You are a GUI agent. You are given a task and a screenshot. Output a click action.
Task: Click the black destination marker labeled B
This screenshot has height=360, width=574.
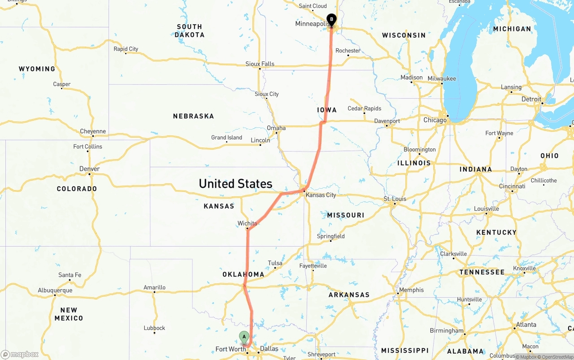pos(331,20)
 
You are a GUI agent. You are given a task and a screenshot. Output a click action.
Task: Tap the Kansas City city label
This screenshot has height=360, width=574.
pos(321,195)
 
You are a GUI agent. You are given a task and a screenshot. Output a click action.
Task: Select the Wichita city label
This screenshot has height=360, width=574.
pos(247,223)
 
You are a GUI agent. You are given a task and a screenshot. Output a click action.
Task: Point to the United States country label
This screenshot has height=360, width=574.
pos(235,183)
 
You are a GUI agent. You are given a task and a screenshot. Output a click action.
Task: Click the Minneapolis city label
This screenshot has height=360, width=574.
pos(312,24)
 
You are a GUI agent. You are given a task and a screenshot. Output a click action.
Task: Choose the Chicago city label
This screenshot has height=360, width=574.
pos(435,120)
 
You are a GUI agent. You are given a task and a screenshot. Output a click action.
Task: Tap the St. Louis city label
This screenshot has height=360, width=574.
pos(395,199)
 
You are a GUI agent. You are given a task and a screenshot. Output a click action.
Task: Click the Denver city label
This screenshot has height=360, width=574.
pos(89,169)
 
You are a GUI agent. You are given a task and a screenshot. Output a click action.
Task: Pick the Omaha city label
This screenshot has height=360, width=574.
pos(276,128)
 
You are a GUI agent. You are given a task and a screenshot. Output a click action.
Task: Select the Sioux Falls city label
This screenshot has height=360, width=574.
pos(260,64)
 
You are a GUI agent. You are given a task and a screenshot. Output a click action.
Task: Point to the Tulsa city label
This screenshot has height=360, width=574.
pos(275,263)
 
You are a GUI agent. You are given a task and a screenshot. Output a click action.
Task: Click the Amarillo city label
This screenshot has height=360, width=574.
pos(154,287)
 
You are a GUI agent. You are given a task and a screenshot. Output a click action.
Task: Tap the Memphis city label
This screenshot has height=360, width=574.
pos(411,290)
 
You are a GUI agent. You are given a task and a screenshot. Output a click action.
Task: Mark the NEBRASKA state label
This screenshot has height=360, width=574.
pos(193,116)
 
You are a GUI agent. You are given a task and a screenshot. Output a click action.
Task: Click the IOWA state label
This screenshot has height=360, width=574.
pos(326,110)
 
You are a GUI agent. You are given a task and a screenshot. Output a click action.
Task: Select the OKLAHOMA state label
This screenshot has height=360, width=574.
pos(243,274)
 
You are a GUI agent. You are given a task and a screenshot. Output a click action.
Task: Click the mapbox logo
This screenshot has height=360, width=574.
pos(20,354)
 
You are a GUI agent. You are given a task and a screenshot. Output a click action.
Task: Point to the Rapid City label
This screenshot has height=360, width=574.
pos(126,49)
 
